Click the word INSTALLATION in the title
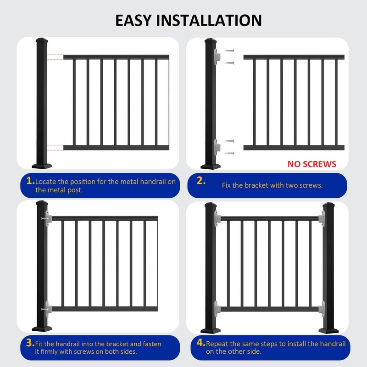[211, 20]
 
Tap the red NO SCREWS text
[312, 164]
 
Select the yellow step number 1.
[30, 181]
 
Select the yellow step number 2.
[201, 181]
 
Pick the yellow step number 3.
[30, 343]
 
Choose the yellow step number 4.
[201, 343]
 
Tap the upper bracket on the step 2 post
[218, 56]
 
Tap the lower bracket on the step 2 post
[218, 147]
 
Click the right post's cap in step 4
[329, 205]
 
